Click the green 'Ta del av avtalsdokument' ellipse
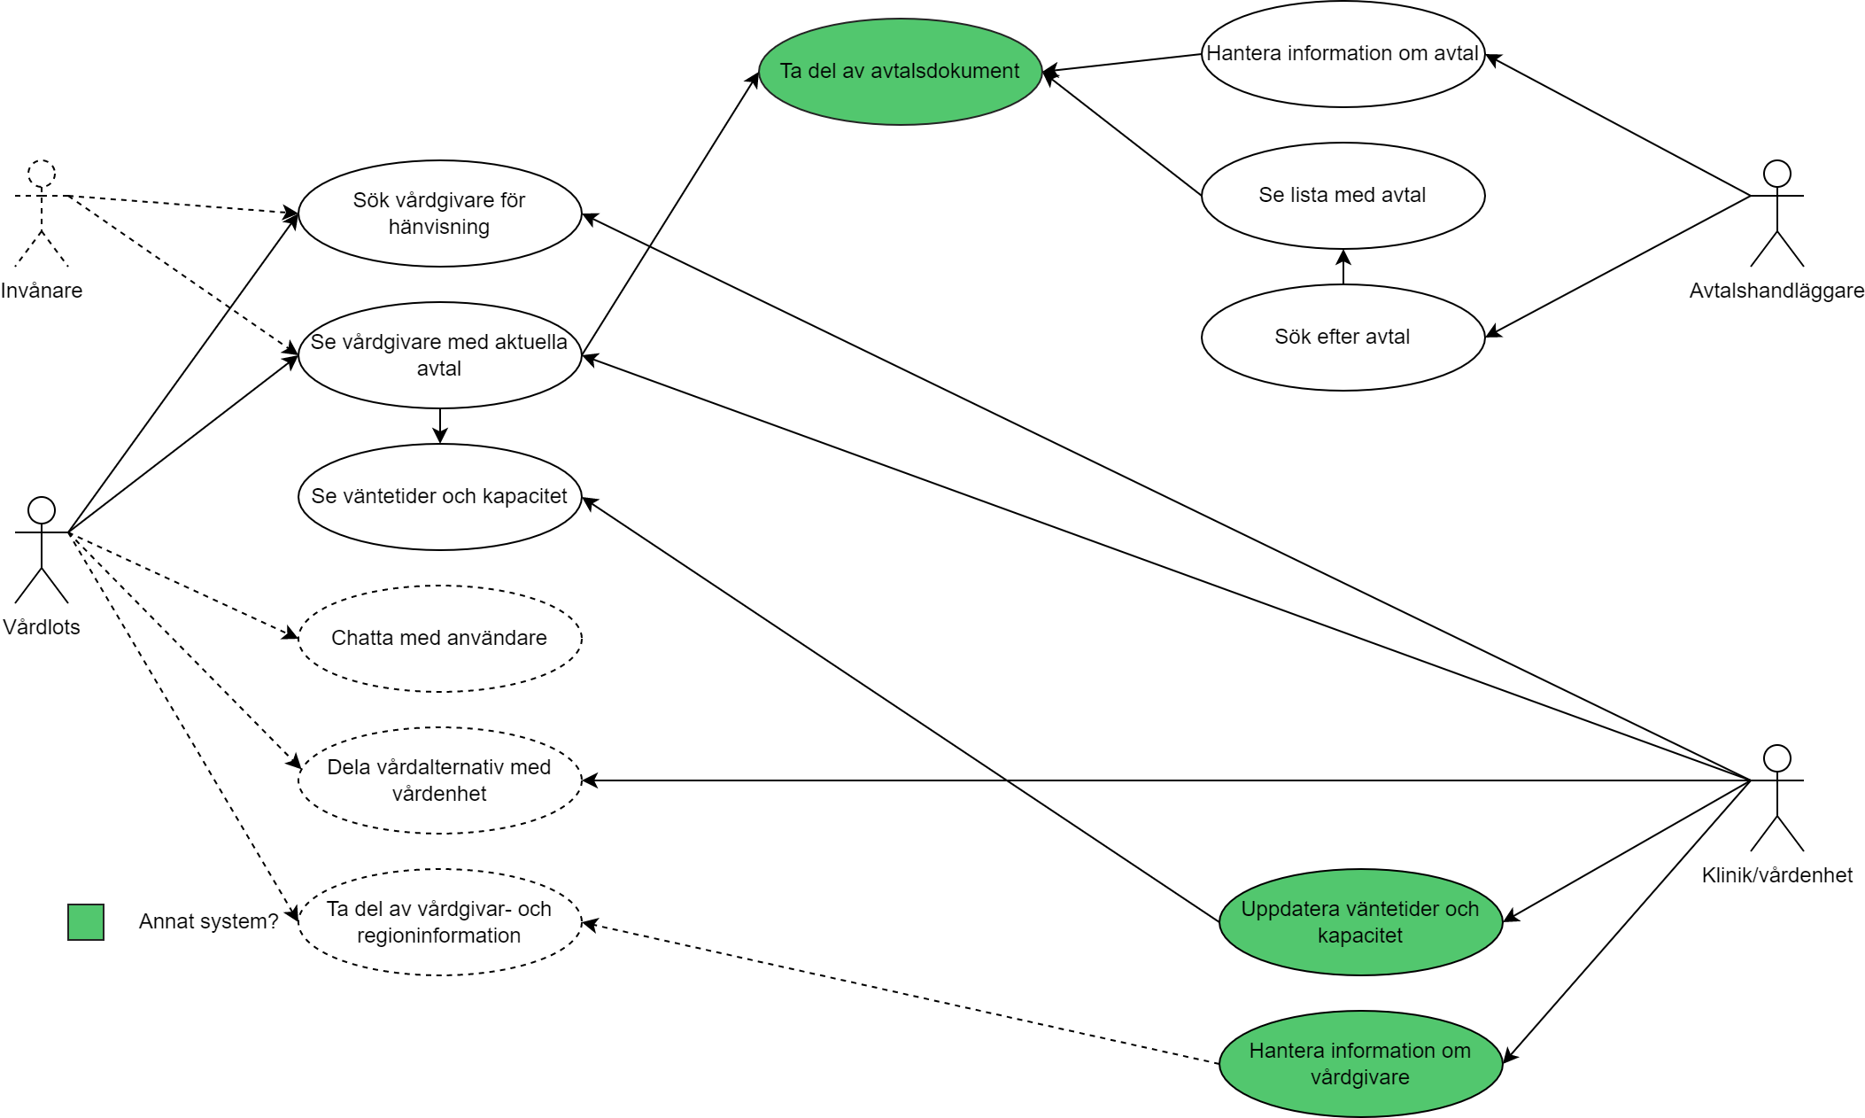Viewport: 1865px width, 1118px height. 900,72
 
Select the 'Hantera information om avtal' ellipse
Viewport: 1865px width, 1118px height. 1343,54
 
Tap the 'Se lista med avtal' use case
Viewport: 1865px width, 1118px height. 1343,196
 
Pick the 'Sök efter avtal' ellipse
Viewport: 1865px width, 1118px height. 1343,338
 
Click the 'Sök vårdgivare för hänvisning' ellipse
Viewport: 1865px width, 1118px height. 439,214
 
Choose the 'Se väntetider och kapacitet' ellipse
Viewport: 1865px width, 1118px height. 439,497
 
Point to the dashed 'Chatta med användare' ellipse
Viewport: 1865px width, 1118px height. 439,639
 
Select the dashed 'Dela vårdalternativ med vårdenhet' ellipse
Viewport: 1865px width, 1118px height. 439,780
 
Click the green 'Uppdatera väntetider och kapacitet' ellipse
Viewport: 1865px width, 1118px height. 1360,922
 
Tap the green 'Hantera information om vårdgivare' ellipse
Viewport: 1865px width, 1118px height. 1360,1064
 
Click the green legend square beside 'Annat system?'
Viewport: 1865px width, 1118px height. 86,922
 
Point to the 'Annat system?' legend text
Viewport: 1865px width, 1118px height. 208,922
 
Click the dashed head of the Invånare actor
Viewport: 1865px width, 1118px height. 42,174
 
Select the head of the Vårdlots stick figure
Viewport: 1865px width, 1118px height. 42,510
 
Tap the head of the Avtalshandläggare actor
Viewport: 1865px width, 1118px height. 1776,174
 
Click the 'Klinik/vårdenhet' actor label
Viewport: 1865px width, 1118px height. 1776,875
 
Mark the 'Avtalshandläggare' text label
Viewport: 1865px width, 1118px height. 1776,291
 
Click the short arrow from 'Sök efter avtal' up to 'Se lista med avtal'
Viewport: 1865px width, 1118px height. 1343,268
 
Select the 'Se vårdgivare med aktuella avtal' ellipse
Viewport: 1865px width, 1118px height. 439,355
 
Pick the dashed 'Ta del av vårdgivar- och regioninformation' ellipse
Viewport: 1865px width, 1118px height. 439,922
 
